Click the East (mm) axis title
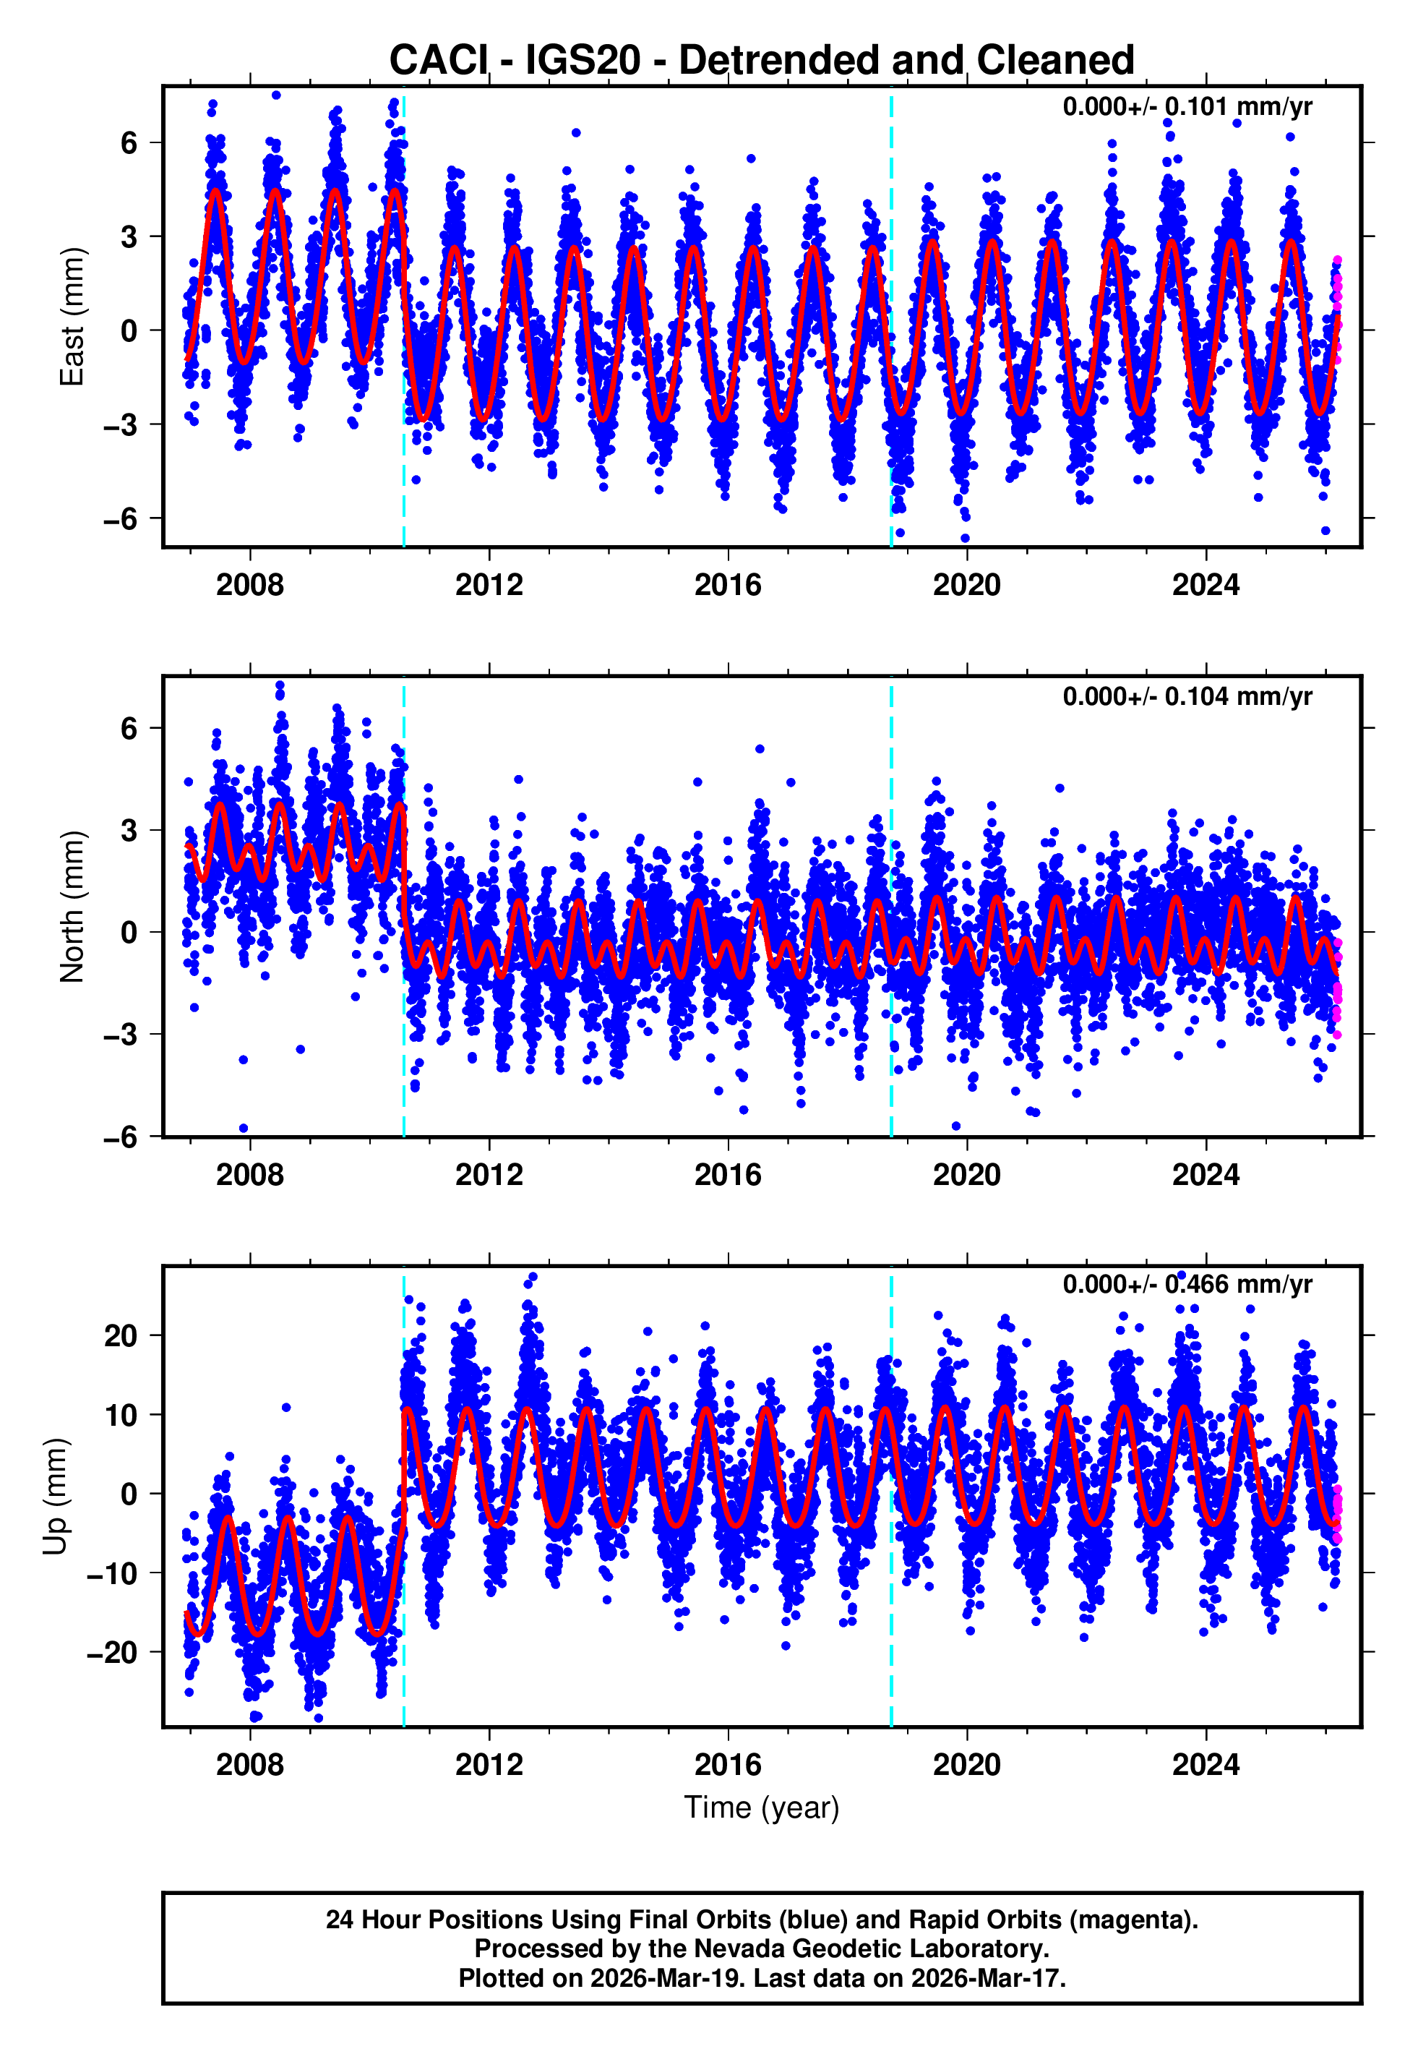click(x=72, y=317)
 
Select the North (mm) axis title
click(x=72, y=907)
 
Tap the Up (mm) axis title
click(x=55, y=1497)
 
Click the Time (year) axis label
click(x=762, y=1808)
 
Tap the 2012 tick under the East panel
click(x=489, y=585)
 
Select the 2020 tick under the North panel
click(x=967, y=1175)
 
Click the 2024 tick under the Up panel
click(x=1206, y=1764)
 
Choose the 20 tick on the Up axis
click(x=121, y=1335)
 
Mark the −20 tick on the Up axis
click(x=112, y=1652)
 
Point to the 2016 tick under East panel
click(x=728, y=585)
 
